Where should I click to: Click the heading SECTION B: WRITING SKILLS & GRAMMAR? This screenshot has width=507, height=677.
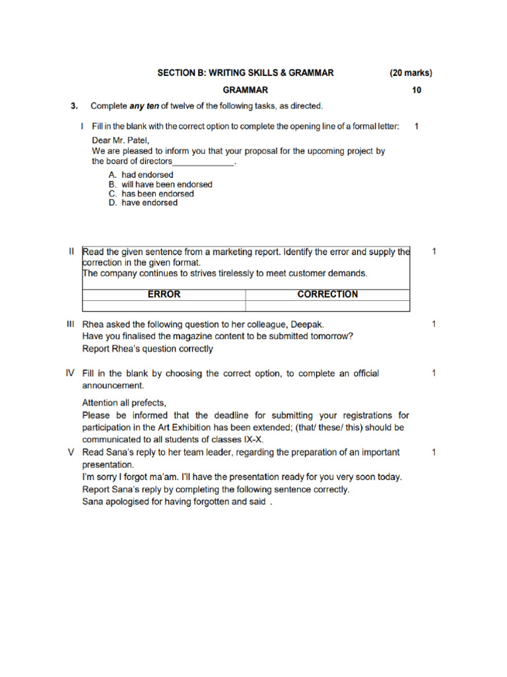[x=245, y=73]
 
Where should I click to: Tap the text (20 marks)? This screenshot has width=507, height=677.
[x=411, y=73]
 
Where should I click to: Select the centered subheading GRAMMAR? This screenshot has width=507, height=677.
[x=245, y=90]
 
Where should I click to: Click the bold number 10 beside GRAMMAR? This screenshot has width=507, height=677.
[x=416, y=90]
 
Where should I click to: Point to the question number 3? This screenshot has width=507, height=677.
[x=75, y=106]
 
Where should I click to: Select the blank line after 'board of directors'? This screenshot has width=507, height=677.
[x=203, y=161]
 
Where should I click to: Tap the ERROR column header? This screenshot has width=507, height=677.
[x=164, y=294]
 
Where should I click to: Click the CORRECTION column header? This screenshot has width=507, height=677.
[x=327, y=294]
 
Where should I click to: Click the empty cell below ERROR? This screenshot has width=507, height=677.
[x=164, y=305]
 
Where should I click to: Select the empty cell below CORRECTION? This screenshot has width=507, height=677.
[x=327, y=305]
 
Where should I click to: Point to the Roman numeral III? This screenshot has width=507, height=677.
[x=70, y=324]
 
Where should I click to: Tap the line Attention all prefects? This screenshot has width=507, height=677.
[x=124, y=403]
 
